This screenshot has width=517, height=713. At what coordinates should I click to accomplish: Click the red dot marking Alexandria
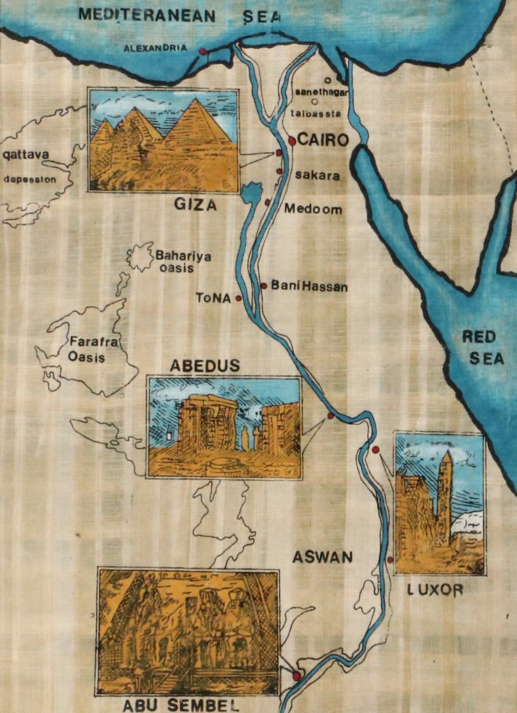pos(202,51)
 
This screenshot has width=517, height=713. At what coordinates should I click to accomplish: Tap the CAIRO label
pos(323,140)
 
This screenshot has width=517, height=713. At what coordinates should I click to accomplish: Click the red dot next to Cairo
pos(292,140)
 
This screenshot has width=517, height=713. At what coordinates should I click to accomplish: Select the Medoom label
pos(313,210)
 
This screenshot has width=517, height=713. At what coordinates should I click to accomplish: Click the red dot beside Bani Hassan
pos(263,286)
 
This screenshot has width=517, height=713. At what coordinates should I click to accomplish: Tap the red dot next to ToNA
pos(238,298)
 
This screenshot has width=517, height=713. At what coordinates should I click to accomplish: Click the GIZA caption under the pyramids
pos(196,204)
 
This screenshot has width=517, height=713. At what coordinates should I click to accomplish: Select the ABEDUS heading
pos(205,366)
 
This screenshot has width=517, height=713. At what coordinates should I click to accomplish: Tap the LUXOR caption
pos(435,590)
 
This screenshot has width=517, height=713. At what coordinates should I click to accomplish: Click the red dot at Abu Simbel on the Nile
pos(296,676)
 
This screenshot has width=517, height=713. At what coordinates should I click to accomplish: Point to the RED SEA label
pos(480,348)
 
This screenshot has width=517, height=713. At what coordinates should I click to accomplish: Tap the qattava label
pos(26,155)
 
